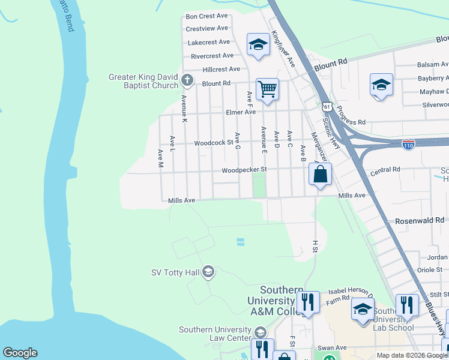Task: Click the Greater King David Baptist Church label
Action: (x=143, y=81)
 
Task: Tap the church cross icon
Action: (x=187, y=80)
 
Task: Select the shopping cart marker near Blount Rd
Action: (x=267, y=89)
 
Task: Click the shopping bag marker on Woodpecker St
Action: (x=321, y=175)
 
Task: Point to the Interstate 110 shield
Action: (x=408, y=145)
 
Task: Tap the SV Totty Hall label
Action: (x=175, y=272)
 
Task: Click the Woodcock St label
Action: (x=213, y=143)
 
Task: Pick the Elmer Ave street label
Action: (x=241, y=112)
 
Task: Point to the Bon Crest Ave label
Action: (x=207, y=16)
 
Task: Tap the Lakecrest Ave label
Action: (x=209, y=43)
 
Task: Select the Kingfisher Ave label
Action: (x=283, y=49)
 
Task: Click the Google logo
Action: (x=20, y=353)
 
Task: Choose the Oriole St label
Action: (x=429, y=270)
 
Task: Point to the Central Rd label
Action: (x=385, y=170)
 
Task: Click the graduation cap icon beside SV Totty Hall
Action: (x=208, y=272)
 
